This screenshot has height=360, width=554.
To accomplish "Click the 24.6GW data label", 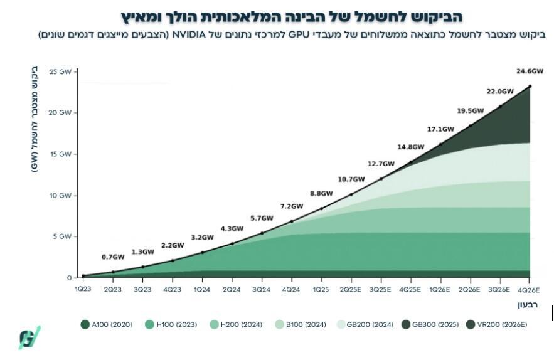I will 528,71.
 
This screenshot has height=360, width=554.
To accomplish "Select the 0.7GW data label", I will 113,257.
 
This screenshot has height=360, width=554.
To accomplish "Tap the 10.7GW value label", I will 351,179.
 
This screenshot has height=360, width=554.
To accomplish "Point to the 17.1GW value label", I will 440,129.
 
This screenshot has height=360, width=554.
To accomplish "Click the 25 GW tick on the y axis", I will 61,71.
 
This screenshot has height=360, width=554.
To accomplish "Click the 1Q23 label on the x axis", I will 83,290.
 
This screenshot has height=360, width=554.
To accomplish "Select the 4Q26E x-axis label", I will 529,290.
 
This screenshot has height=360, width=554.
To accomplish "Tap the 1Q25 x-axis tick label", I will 321,290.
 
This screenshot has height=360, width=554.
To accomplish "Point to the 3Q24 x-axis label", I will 262,290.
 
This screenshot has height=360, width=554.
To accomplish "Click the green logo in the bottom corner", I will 29,337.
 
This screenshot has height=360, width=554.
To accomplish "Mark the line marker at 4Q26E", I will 530,86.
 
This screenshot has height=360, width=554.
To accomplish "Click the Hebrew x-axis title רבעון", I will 529,304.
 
